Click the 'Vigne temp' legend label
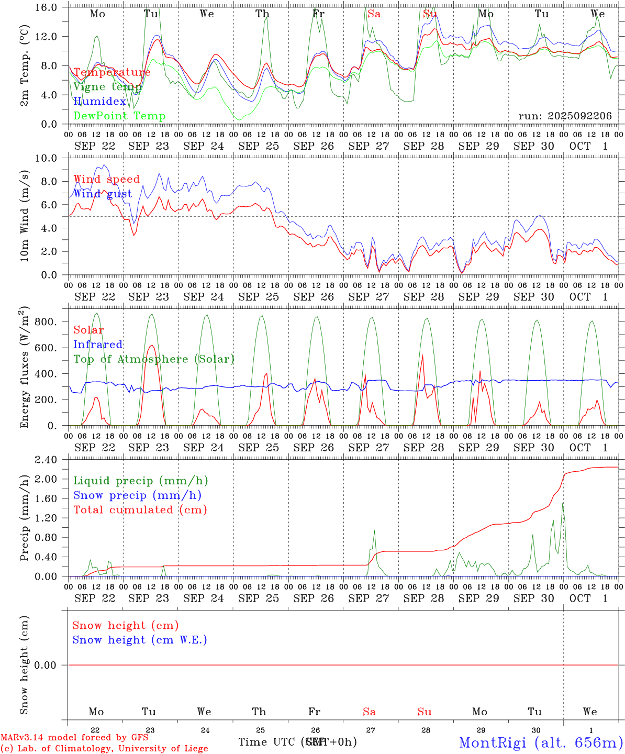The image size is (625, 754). [x=107, y=87]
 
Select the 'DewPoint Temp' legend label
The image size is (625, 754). [x=119, y=116]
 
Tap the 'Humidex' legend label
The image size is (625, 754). [x=99, y=101]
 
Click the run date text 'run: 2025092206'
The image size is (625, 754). [x=565, y=116]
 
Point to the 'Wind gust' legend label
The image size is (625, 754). [x=103, y=194]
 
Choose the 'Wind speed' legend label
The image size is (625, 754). [x=106, y=179]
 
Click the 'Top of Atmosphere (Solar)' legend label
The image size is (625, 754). [x=153, y=359]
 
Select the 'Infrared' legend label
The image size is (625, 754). [x=98, y=345]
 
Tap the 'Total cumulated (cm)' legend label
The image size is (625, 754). [x=140, y=509]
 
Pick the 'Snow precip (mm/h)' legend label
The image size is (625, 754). [x=137, y=495]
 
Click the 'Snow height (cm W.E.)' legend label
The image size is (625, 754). [x=139, y=640]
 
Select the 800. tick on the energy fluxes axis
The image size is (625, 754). [x=45, y=321]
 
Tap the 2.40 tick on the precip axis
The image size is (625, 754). [x=46, y=460]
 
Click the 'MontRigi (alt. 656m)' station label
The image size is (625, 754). [x=541, y=742]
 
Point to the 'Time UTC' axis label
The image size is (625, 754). [x=268, y=742]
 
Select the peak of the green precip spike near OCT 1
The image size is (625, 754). [x=563, y=503]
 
